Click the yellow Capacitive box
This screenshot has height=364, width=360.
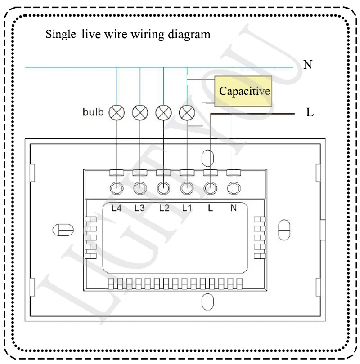244,91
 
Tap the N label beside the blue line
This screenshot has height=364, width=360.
308,65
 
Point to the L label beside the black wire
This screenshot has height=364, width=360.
310,113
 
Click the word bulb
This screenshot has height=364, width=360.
93,111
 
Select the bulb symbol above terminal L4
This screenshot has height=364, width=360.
117,112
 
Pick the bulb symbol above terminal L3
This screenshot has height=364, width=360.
140,112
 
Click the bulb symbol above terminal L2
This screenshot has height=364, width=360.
163,112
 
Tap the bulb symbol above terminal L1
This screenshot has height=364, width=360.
187,112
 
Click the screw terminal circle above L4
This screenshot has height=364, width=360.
117,188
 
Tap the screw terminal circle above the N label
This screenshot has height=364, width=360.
233,188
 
